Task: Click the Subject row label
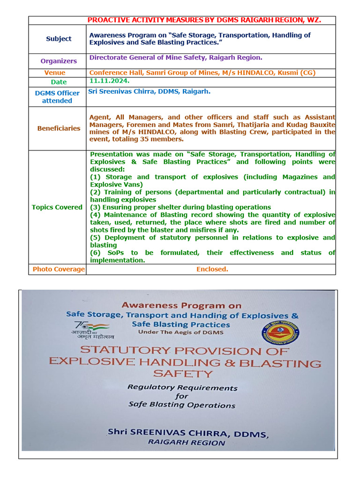pyautogui.click(x=59, y=39)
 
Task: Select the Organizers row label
pyautogui.click(x=59, y=61)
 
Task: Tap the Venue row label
pyautogui.click(x=55, y=73)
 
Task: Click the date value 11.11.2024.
pyautogui.click(x=103, y=81)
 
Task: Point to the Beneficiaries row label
pyautogui.click(x=59, y=128)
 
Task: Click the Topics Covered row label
pyautogui.click(x=57, y=207)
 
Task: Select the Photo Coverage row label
pyautogui.click(x=59, y=269)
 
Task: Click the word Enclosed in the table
pyautogui.click(x=212, y=269)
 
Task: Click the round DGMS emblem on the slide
pyautogui.click(x=280, y=333)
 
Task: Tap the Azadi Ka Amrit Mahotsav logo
pyautogui.click(x=94, y=330)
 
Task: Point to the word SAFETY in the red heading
pyautogui.click(x=183, y=374)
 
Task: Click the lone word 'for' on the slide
pyautogui.click(x=182, y=396)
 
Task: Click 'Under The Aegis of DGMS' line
pyautogui.click(x=180, y=332)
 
